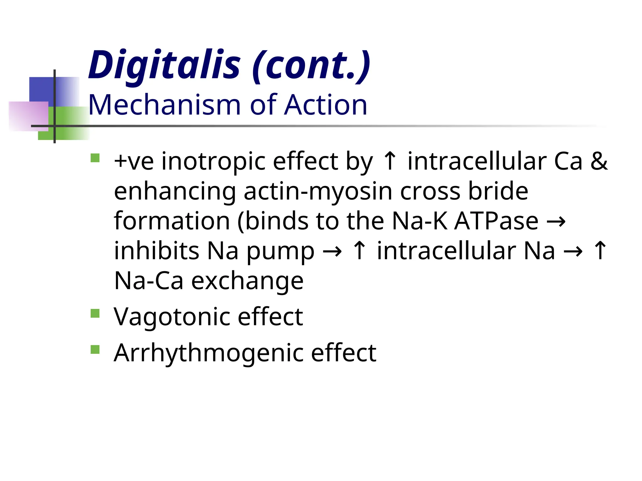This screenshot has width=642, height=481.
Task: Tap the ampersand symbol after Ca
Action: tap(599, 162)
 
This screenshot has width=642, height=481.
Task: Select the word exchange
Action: tap(247, 281)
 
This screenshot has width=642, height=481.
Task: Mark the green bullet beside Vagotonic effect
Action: tap(95, 313)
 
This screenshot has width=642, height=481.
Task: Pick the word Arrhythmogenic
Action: tap(208, 353)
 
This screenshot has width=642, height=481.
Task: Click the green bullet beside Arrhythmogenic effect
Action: tap(95, 349)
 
